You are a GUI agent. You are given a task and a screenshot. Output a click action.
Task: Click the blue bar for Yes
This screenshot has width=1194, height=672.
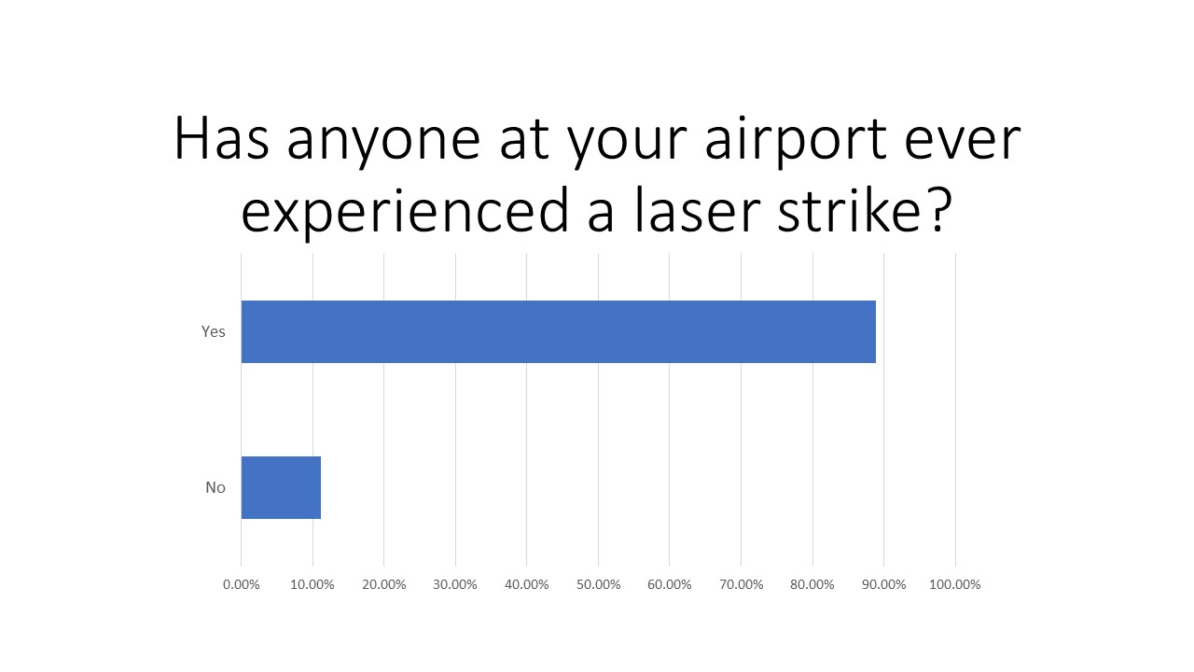coord(558,331)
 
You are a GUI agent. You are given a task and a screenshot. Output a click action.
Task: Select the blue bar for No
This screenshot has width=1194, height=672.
coord(281,487)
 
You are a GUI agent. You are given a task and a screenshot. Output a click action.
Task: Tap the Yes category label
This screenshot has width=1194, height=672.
coord(214,331)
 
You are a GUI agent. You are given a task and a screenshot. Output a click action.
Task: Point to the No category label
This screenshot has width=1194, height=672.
coord(215,487)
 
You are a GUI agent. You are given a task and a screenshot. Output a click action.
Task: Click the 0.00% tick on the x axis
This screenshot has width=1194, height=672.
coord(242,584)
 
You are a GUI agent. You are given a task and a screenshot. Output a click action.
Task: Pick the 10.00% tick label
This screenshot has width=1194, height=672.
coord(312,584)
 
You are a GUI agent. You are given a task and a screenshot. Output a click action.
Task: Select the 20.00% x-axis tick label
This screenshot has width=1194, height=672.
coord(384,584)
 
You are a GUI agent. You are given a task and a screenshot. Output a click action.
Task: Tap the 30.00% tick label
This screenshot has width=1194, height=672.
coord(455,584)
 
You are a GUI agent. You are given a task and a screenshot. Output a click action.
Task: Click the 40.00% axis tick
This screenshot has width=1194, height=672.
coord(527,584)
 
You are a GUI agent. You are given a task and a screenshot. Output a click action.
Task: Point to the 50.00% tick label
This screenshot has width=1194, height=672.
coord(598,584)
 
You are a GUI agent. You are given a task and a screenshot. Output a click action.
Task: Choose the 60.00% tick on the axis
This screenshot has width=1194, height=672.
coord(670,584)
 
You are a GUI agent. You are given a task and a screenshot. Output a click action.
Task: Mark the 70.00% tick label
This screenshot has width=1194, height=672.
coord(741,584)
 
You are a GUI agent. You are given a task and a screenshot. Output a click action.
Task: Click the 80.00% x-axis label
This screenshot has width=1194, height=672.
coord(812,584)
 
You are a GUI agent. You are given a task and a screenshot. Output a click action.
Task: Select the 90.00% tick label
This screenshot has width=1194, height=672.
coord(883,584)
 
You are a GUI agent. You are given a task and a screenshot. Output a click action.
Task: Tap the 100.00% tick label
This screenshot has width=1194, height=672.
coord(955,584)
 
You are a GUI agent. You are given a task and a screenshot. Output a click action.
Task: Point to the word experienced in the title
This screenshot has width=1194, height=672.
coord(405,213)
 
